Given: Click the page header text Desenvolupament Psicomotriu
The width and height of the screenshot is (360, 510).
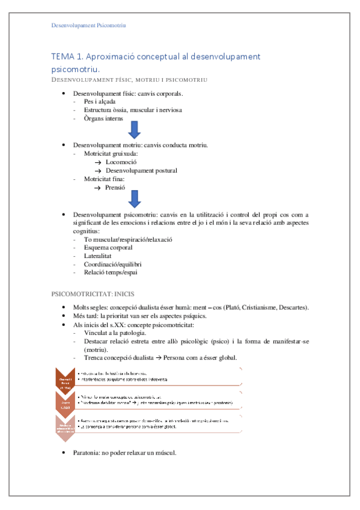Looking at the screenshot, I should (x=88, y=25).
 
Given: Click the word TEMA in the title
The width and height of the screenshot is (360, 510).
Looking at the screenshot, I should (x=64, y=57).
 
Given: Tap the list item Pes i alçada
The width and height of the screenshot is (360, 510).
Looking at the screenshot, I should (x=101, y=102).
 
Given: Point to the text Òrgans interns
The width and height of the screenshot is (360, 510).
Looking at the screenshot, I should (x=104, y=118).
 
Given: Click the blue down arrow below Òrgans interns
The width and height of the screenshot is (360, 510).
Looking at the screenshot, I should (x=135, y=130).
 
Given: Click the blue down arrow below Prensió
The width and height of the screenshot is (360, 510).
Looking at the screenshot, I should (x=135, y=198).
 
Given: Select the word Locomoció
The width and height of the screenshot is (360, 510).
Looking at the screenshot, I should (x=121, y=162).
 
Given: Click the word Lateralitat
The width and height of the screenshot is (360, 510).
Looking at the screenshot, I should (x=100, y=256).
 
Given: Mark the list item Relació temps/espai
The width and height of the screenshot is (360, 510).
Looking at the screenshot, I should (x=111, y=272).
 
